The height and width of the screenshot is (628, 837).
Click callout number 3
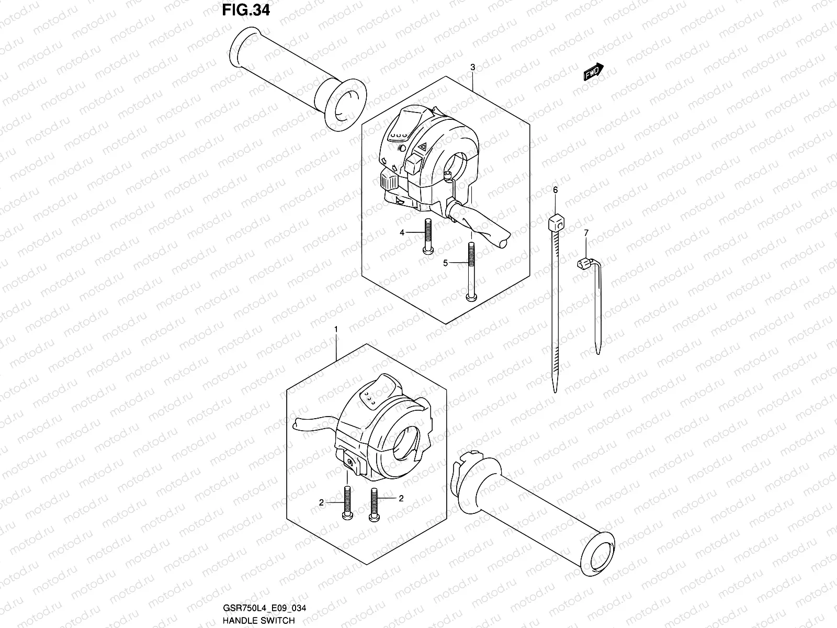[x=472, y=67]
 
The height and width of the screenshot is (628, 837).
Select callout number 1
[x=336, y=329]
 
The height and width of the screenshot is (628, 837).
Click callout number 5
[x=446, y=263]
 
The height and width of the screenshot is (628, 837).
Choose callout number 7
[x=586, y=232]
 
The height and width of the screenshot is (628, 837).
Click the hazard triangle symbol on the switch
[x=422, y=149]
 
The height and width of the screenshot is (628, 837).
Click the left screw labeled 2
[x=347, y=502]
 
